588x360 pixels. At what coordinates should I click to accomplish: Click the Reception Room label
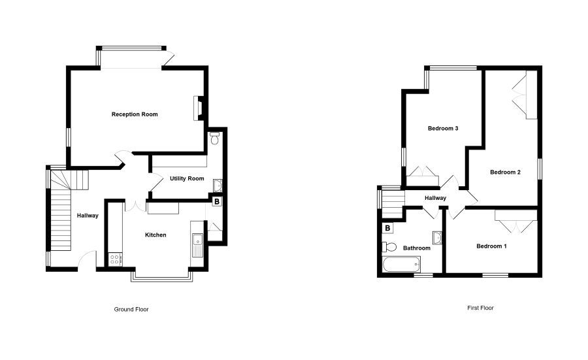[x=135, y=114]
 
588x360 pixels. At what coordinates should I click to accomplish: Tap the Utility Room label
[x=187, y=178]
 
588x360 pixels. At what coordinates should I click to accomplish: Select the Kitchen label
[x=155, y=235]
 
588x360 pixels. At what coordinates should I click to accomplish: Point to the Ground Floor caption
[x=131, y=310]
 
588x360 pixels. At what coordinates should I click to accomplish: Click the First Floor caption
[x=480, y=308]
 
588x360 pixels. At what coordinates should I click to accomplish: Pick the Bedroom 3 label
[x=443, y=128]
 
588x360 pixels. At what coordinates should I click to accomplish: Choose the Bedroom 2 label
[x=505, y=172]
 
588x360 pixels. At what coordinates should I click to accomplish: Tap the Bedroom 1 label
[x=491, y=246]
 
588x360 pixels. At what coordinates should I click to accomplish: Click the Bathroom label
[x=417, y=248]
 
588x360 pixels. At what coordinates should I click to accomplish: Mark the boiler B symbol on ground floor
[x=216, y=201]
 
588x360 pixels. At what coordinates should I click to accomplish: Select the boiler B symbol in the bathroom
[x=387, y=227]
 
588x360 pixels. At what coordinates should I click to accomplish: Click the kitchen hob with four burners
[x=115, y=259]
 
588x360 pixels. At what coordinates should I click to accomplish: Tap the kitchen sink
[x=197, y=245]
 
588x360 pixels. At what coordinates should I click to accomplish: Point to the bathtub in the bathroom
[x=402, y=265]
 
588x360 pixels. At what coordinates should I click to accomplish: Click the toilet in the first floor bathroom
[x=389, y=247]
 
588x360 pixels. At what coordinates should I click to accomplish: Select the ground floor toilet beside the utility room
[x=215, y=138]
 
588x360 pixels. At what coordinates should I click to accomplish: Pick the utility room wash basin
[x=218, y=185]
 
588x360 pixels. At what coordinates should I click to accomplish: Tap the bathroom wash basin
[x=437, y=238]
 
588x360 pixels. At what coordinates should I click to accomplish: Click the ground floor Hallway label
[x=88, y=216]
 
